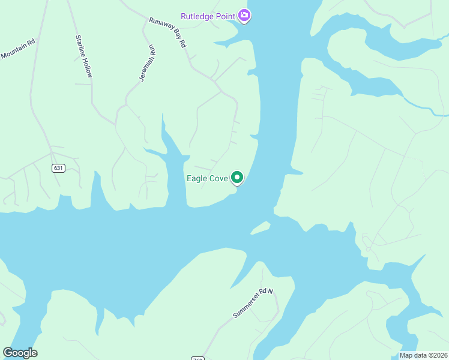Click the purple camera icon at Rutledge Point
click(x=244, y=15)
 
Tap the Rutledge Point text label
click(x=208, y=16)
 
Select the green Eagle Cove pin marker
click(x=237, y=178)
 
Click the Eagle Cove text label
click(x=207, y=178)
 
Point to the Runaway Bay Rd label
click(x=169, y=32)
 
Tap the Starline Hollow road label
click(x=84, y=56)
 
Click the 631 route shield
click(x=58, y=168)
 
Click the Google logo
click(x=20, y=353)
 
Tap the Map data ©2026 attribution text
click(x=423, y=355)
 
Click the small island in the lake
click(x=260, y=227)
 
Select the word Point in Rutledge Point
click(x=224, y=16)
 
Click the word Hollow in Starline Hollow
click(x=88, y=65)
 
